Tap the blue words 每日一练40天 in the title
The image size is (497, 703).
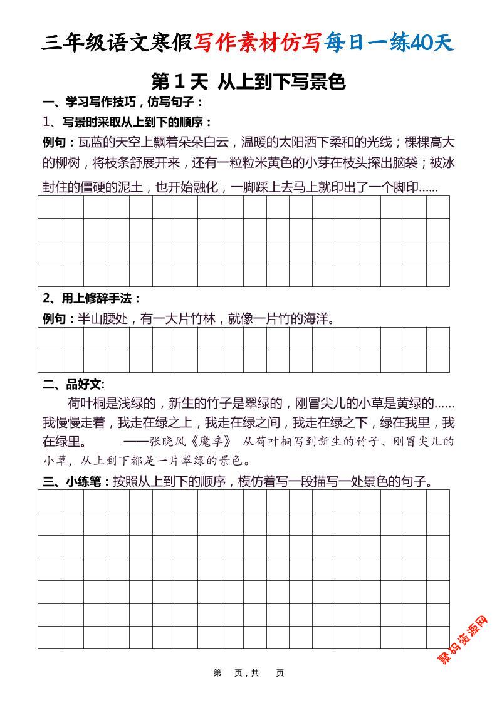pos(388,43)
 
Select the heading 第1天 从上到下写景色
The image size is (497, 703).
pos(248,81)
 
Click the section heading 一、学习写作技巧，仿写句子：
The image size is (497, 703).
pos(123,102)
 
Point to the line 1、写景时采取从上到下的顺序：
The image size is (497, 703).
pos(128,122)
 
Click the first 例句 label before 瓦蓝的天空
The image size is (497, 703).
pos(58,142)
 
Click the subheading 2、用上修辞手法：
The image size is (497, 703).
pos(92,298)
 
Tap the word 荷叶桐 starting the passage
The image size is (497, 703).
pos(86,403)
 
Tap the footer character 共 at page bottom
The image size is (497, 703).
pos(255,673)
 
